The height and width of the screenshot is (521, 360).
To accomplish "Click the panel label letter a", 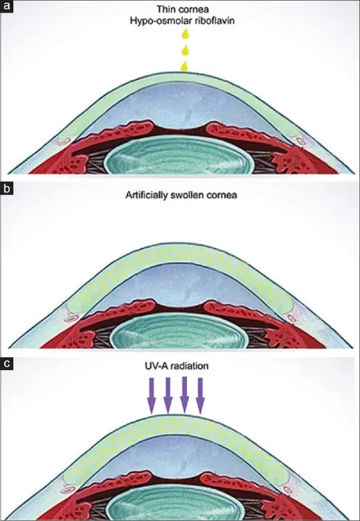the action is (6, 6).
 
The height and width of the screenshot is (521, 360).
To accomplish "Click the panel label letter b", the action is (6, 189).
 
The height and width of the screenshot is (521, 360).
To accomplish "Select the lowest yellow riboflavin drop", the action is (184, 65).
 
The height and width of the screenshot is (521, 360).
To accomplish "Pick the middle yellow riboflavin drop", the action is (184, 50).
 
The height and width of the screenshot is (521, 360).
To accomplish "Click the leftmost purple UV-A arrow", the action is (152, 395).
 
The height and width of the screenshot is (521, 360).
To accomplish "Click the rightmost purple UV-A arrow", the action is (200, 395).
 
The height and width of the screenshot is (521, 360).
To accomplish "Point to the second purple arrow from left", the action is (168, 395).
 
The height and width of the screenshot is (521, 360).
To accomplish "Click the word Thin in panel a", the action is (166, 9).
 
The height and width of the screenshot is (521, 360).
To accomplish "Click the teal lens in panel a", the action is (180, 156).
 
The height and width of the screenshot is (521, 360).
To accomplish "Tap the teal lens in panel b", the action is (180, 331).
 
